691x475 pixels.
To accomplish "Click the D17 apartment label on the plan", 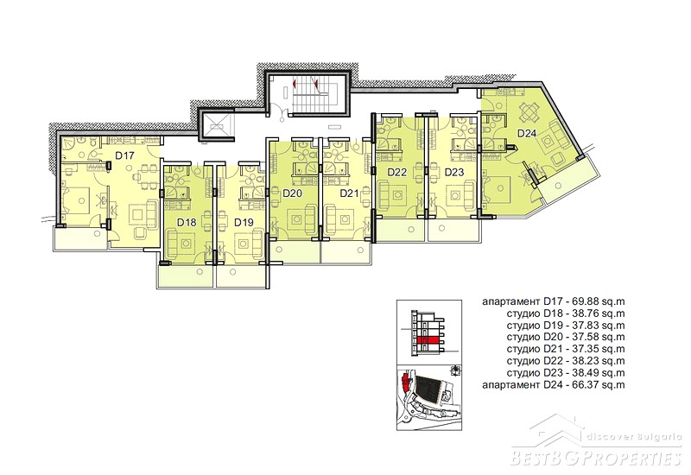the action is (124, 155).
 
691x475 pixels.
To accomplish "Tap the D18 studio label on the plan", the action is (187, 223).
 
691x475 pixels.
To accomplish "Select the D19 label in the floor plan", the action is (244, 223).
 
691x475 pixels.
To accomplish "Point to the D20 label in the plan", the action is (292, 193).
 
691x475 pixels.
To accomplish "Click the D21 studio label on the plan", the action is (350, 193).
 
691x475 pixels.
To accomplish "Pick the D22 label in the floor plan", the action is (397, 172).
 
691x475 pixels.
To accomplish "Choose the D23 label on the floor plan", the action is (454, 172).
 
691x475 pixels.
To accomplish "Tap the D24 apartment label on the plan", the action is (526, 134).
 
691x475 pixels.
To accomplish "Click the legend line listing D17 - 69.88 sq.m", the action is (554, 301).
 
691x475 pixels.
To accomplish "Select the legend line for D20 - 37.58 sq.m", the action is (566, 338).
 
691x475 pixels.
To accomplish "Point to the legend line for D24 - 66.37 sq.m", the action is (554, 385).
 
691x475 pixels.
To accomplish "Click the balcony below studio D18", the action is (187, 276).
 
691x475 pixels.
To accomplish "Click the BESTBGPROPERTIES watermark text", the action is (596, 457).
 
